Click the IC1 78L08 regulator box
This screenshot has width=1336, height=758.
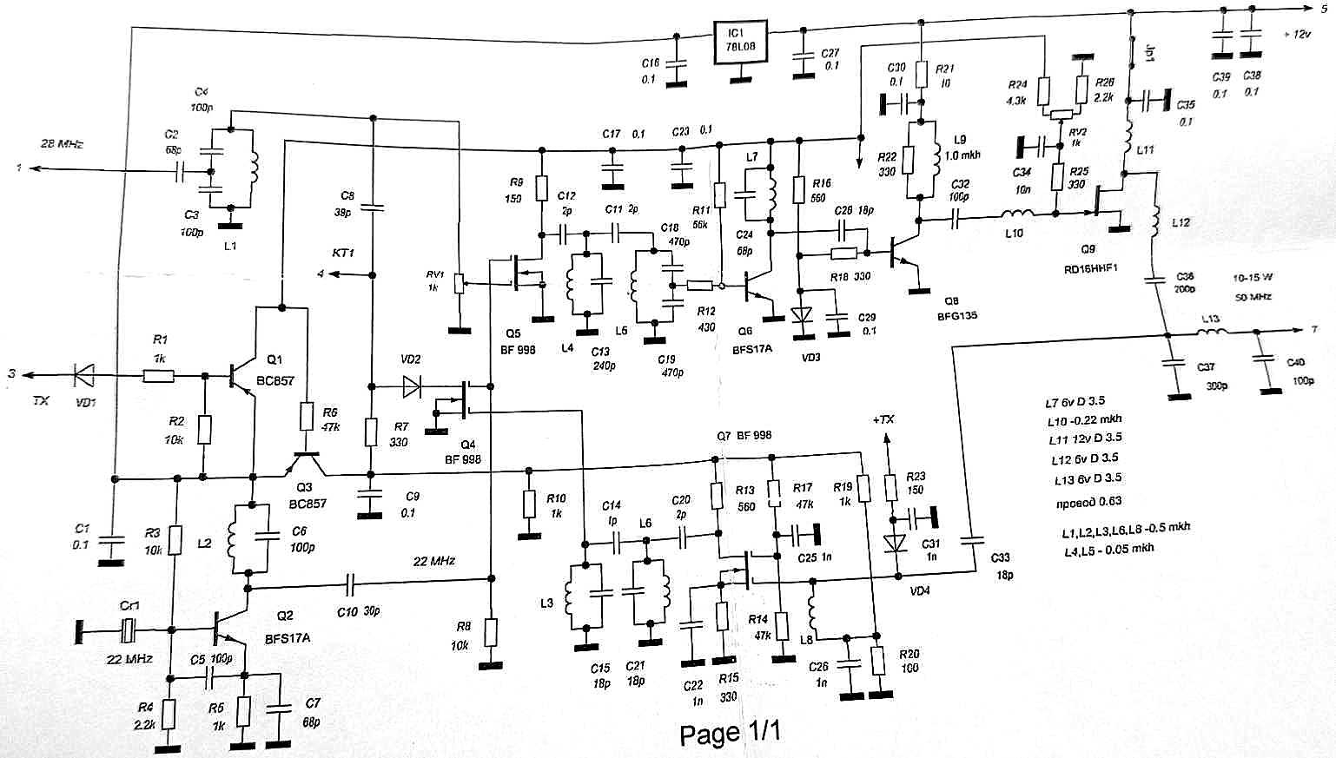(739, 43)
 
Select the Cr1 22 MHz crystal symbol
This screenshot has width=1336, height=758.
(128, 630)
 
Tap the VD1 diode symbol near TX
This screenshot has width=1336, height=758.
(84, 375)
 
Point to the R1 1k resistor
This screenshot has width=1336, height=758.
(157, 376)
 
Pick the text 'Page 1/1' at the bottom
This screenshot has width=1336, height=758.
(730, 734)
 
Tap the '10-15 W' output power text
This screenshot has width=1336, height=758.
(1252, 278)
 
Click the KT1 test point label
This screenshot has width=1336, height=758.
(343, 254)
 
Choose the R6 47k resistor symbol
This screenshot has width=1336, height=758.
(306, 417)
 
